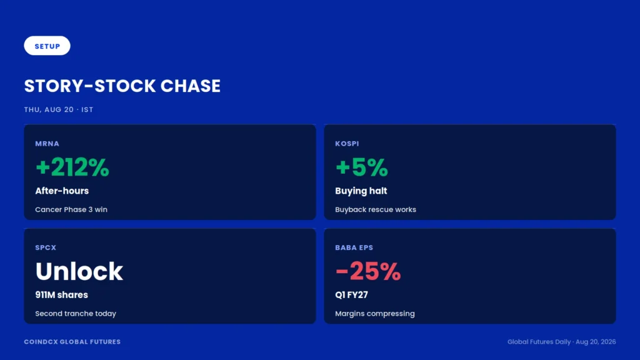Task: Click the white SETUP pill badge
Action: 47,46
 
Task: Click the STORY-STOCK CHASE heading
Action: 122,86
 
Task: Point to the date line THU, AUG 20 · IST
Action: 59,109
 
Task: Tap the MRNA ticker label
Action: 47,144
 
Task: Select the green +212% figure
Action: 72,167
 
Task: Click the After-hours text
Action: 62,191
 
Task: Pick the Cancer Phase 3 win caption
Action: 71,209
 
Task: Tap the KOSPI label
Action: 347,144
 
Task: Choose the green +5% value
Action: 362,167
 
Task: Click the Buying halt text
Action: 361,191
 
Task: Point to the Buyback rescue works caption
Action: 376,209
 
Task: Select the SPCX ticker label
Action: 46,247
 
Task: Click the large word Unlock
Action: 79,271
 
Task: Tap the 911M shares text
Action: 61,295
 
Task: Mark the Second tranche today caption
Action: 76,314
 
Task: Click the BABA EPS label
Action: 354,247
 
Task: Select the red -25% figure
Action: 368,271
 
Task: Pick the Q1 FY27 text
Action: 351,295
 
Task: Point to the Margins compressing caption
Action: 375,314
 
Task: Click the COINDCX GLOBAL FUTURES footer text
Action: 72,342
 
